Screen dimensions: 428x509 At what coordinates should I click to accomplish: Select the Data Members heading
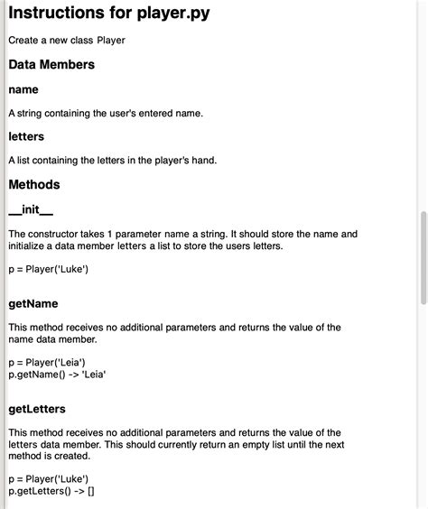(51, 65)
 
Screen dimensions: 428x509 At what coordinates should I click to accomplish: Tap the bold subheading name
(23, 89)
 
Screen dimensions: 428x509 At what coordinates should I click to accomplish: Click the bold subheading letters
(26, 136)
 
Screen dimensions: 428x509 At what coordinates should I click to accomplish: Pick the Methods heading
(34, 185)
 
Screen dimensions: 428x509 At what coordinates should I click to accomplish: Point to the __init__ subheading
(31, 210)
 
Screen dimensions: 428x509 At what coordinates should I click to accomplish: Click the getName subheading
(33, 304)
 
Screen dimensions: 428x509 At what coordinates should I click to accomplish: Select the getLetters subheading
(37, 409)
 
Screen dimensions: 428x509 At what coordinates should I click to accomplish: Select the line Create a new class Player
(67, 40)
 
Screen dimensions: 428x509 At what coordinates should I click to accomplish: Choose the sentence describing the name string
(106, 113)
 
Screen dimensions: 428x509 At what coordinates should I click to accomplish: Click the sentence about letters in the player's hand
(113, 160)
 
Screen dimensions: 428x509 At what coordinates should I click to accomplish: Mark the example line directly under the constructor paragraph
(48, 269)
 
